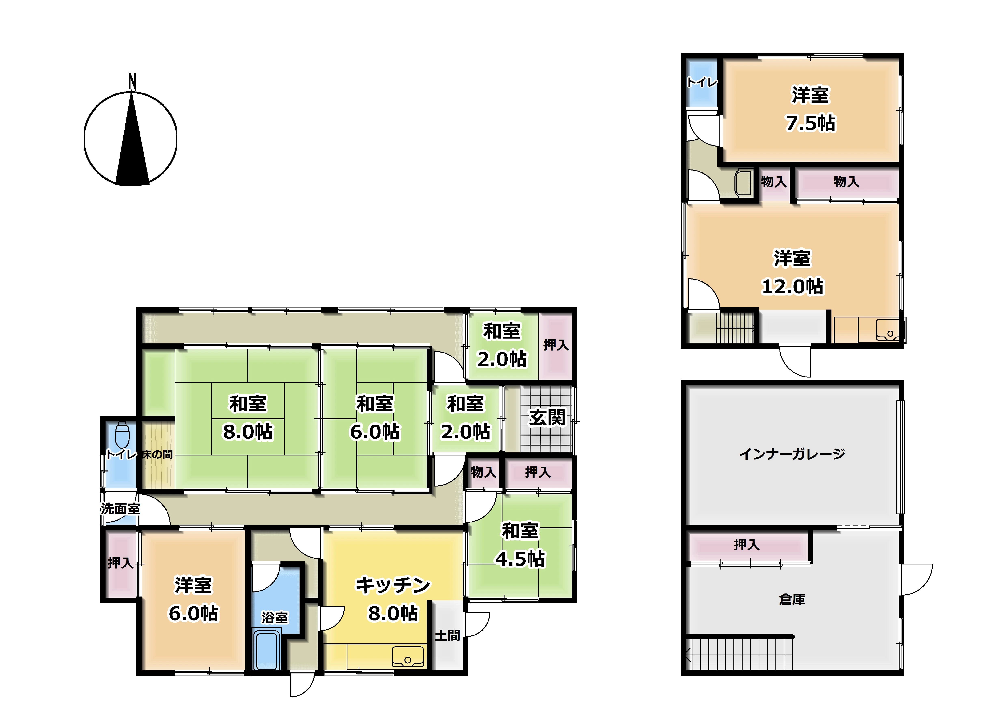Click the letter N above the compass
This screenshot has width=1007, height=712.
point(132,82)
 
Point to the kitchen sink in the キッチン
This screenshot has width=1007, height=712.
point(408,657)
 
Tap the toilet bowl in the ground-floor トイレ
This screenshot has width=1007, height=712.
point(122,434)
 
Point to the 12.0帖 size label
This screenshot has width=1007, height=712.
point(792,286)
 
